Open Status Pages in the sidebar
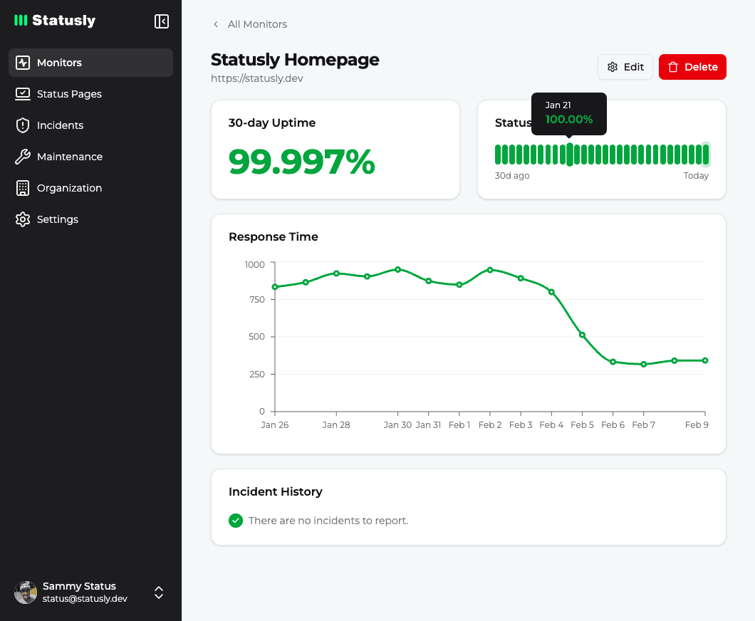click(x=69, y=94)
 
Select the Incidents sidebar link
click(x=60, y=125)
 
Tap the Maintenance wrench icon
click(x=23, y=157)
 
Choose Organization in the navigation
click(x=69, y=188)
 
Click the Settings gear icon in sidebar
click(x=23, y=219)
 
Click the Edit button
click(x=625, y=67)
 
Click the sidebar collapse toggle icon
click(x=162, y=21)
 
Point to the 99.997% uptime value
click(x=301, y=162)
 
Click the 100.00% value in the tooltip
click(x=568, y=120)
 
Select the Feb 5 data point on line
click(x=582, y=335)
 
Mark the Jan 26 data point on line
click(x=275, y=287)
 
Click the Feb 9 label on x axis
click(x=696, y=425)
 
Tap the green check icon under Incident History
click(x=236, y=521)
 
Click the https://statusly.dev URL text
click(x=257, y=78)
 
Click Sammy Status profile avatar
click(x=26, y=592)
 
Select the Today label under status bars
click(x=696, y=176)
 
